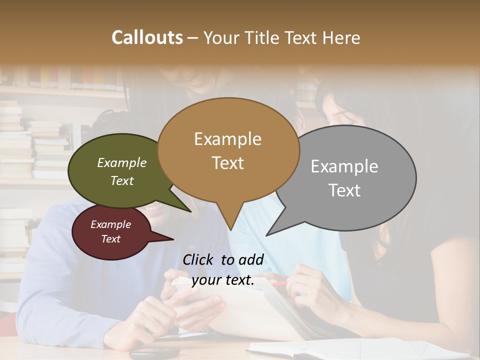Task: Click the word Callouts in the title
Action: [147, 37]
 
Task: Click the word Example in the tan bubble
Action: [227, 139]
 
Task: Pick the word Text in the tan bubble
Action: [227, 163]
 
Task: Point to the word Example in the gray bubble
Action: [344, 166]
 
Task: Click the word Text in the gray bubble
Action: [344, 190]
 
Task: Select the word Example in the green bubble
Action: [122, 163]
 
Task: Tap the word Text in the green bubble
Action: [122, 181]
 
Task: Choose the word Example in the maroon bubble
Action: [110, 224]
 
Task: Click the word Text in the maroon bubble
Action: [110, 239]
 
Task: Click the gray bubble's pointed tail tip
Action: [267, 235]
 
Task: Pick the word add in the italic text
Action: [251, 259]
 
